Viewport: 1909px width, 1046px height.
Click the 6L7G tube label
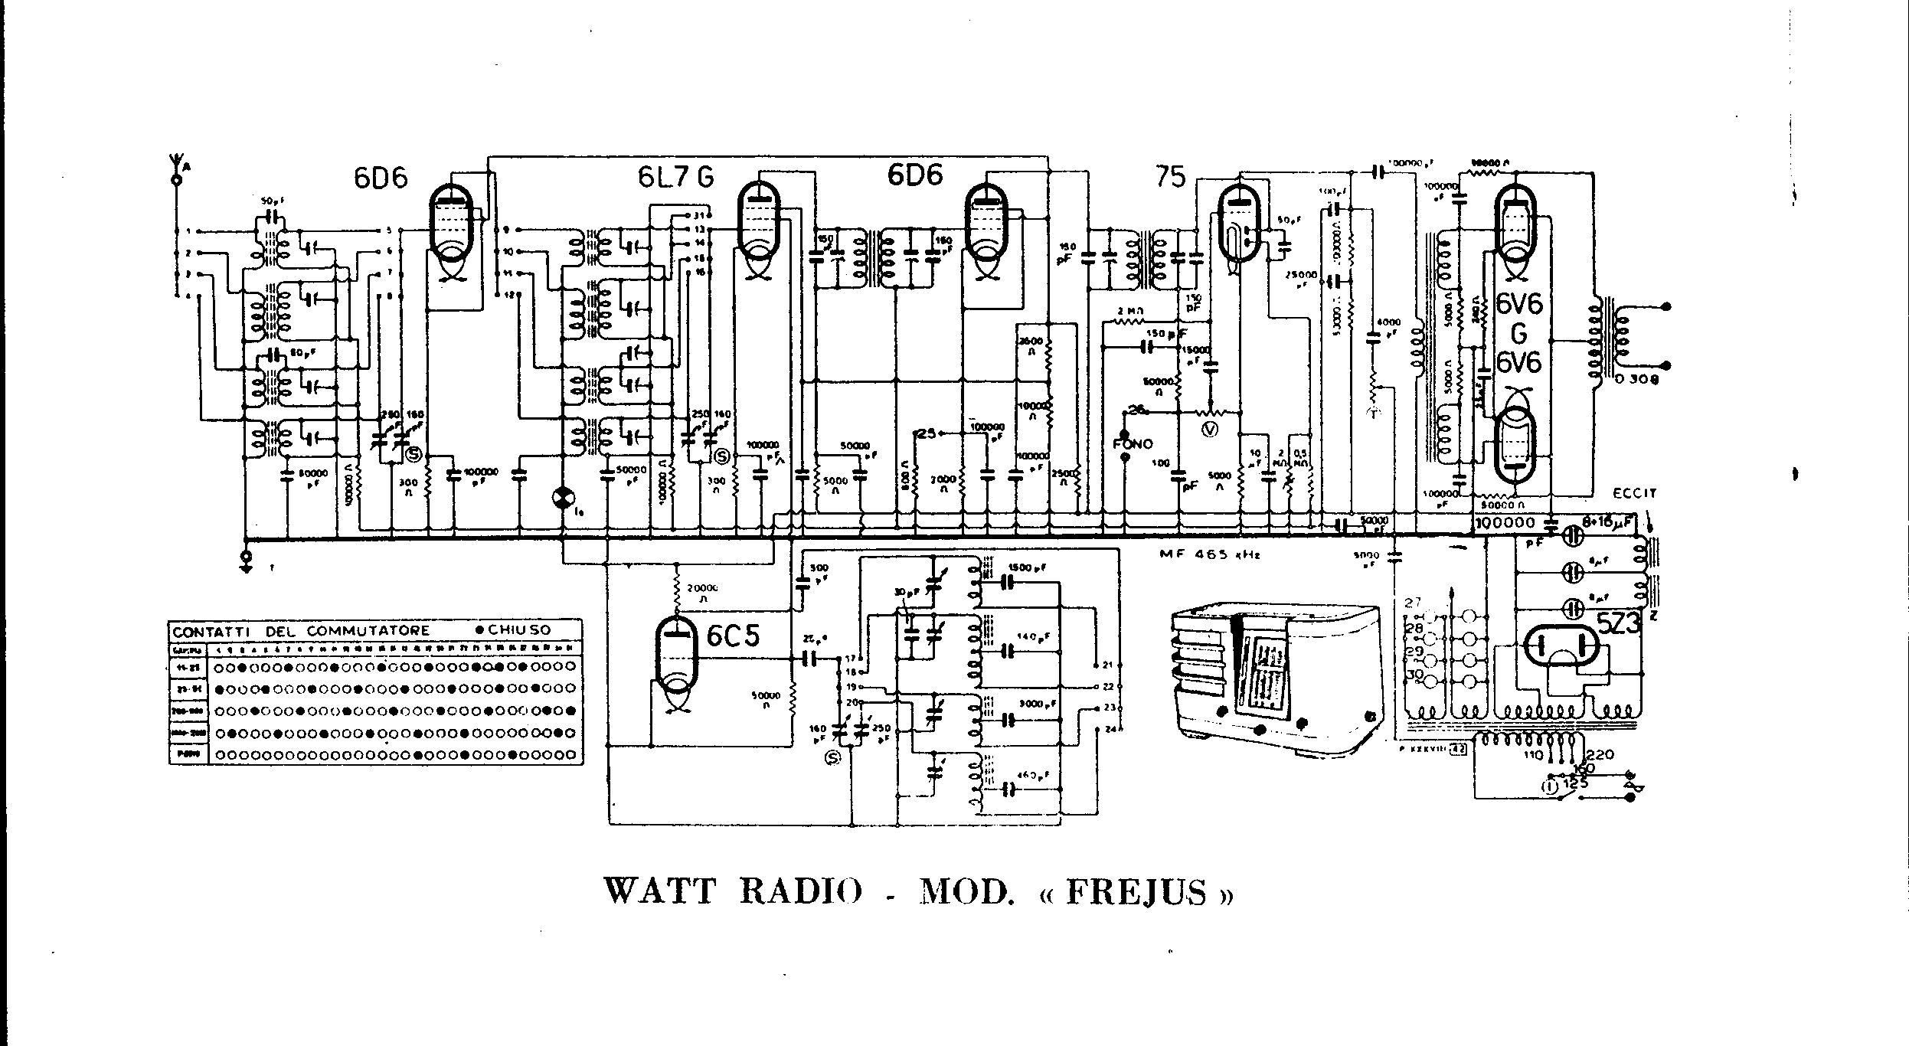click(675, 178)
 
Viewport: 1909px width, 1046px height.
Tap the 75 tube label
click(1171, 178)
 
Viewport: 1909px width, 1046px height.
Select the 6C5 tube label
click(733, 636)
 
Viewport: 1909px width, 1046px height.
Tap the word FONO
click(1133, 444)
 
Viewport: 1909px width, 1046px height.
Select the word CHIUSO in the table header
click(520, 630)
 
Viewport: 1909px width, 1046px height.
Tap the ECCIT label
click(1634, 494)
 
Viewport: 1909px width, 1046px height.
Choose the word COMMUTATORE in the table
click(368, 631)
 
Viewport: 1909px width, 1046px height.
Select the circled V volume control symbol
click(1209, 430)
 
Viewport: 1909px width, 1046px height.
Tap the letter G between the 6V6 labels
click(1518, 334)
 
